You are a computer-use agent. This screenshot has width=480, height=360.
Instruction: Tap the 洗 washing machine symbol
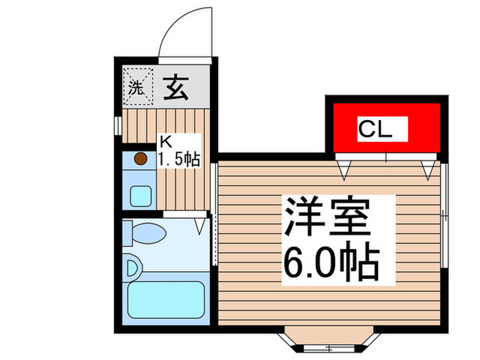coord(137,88)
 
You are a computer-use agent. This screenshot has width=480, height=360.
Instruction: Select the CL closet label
coord(375,128)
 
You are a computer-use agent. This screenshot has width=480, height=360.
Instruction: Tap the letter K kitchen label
coord(165,143)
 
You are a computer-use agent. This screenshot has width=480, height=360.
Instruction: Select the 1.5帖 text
coord(179,161)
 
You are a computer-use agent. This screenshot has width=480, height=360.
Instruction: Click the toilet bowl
coord(147,234)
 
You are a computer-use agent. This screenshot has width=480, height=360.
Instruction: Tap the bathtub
coord(167,298)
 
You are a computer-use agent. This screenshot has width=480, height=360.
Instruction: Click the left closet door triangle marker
coord(344,167)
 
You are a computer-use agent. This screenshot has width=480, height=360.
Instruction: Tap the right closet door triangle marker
coord(429,167)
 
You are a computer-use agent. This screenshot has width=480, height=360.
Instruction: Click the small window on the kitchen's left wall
coord(117,125)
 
